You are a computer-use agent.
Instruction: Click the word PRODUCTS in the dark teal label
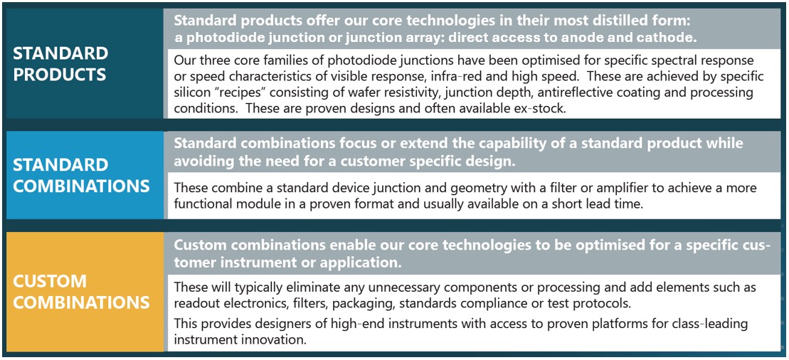click(x=60, y=74)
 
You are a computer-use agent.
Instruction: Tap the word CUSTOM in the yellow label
click(x=49, y=281)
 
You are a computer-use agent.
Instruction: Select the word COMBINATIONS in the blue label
click(x=81, y=186)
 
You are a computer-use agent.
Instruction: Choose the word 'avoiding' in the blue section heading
click(x=204, y=160)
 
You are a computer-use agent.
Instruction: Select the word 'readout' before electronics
click(x=196, y=302)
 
